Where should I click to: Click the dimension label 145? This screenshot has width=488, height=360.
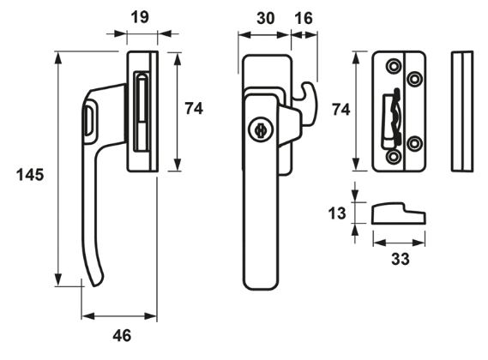pos(30,175)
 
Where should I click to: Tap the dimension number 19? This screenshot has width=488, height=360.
pos(140,17)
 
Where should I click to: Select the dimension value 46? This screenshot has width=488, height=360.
pos(122,336)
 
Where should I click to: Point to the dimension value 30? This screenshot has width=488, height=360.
pos(266,18)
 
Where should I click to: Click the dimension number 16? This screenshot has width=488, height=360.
pos(304,18)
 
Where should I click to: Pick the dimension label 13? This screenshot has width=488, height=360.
pos(337,213)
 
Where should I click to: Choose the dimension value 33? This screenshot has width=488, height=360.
pos(401,259)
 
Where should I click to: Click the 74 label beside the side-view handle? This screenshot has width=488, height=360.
pos(194,109)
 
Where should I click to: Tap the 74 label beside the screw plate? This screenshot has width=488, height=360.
pos(340,110)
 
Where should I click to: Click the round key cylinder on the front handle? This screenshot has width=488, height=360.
pos(260,130)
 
